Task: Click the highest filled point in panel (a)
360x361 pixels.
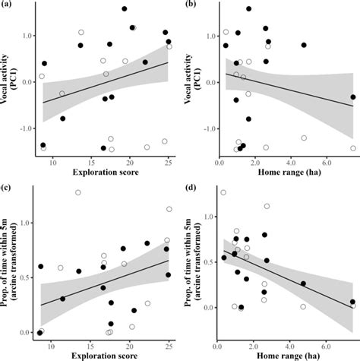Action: coord(125,9)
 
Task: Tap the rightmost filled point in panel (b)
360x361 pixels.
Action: coord(352,97)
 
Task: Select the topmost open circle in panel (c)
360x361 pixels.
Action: coord(78,192)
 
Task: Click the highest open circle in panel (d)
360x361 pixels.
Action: coord(223,192)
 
